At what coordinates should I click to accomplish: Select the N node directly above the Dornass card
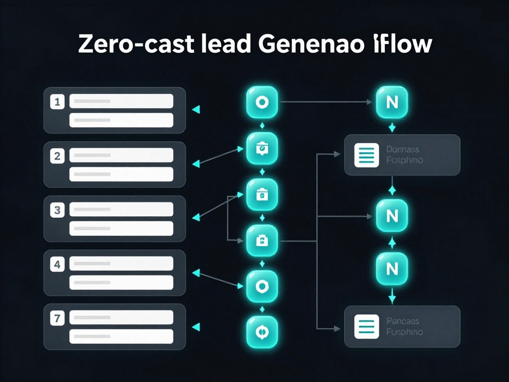coord(392,102)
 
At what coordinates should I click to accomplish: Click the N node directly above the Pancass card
coord(392,269)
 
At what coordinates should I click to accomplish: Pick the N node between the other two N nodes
coord(392,216)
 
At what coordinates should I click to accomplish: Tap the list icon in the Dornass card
coord(366,155)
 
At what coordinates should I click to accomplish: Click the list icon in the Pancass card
coord(366,326)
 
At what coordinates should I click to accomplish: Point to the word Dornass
coord(402,149)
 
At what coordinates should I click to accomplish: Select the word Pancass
coord(402,321)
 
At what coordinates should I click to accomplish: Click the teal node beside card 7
coord(262,332)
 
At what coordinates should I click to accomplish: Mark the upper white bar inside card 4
coord(121,264)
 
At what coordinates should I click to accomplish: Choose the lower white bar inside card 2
coord(121,174)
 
